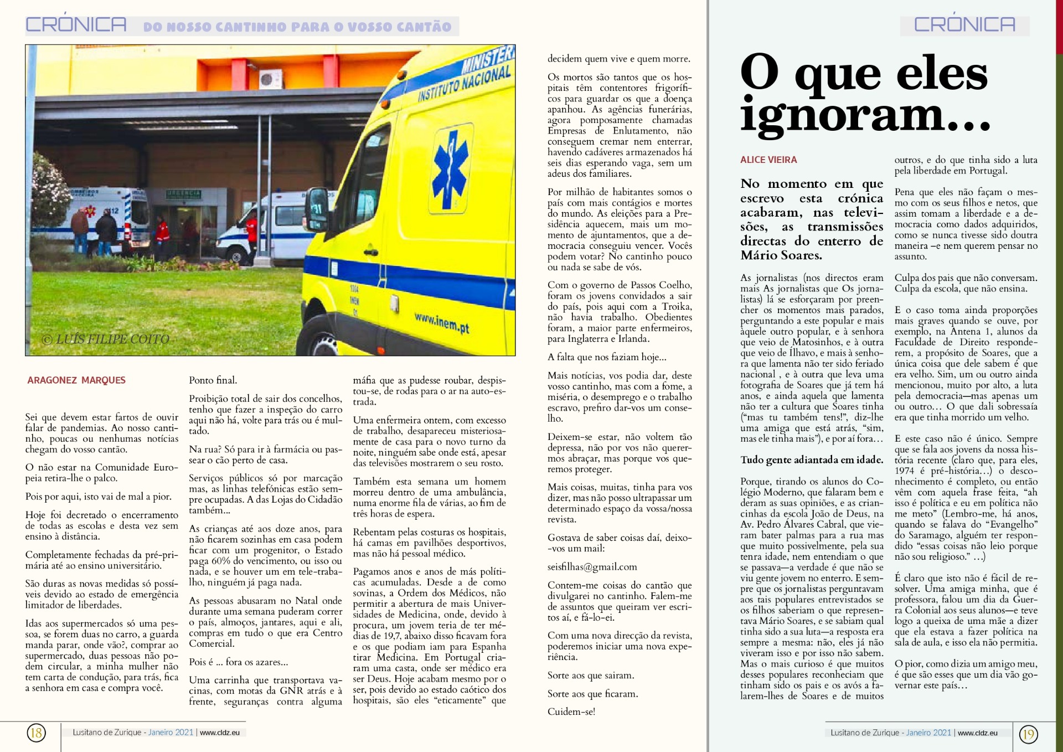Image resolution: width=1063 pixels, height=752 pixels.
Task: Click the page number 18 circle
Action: tap(36, 733)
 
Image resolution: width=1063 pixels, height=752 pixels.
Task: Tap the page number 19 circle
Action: tap(1028, 734)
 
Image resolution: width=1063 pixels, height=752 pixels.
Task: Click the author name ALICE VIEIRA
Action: tap(768, 160)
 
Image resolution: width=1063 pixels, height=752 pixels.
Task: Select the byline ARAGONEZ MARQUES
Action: tap(76, 380)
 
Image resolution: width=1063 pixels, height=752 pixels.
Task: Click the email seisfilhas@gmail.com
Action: tap(592, 567)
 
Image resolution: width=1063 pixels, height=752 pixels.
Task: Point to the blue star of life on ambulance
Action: tap(451, 166)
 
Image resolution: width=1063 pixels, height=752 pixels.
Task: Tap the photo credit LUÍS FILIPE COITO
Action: tap(106, 339)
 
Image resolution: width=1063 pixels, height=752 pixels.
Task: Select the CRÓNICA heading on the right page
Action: tap(964, 25)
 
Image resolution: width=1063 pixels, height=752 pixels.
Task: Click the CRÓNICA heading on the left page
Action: tap(76, 25)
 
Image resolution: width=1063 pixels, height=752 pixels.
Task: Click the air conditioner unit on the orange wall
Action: tap(270, 79)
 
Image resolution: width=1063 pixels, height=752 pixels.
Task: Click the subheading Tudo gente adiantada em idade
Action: tap(811, 460)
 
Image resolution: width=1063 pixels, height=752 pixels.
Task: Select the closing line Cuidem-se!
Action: tap(571, 712)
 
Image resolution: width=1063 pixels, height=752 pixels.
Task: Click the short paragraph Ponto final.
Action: tap(213, 380)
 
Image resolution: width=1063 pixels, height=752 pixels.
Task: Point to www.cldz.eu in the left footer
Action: tap(220, 733)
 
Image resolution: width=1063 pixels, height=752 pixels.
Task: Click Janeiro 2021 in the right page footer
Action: tap(928, 733)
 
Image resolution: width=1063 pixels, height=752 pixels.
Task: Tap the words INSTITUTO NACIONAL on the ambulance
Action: tap(464, 83)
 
